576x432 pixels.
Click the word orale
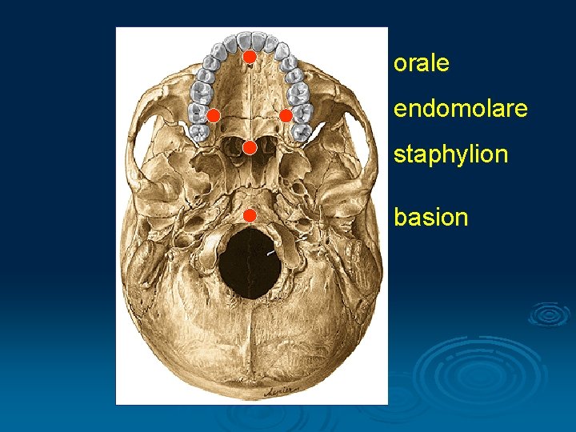click(421, 64)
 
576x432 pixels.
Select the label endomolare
click(460, 108)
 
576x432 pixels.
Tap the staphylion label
click(450, 154)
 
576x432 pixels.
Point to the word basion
click(430, 217)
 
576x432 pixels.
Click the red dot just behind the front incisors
click(249, 57)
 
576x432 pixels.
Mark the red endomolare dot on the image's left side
click(213, 115)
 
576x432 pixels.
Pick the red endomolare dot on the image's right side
click(286, 115)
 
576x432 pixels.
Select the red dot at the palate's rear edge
click(249, 147)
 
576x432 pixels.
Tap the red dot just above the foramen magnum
click(249, 214)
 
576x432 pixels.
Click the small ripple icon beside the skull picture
click(550, 314)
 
